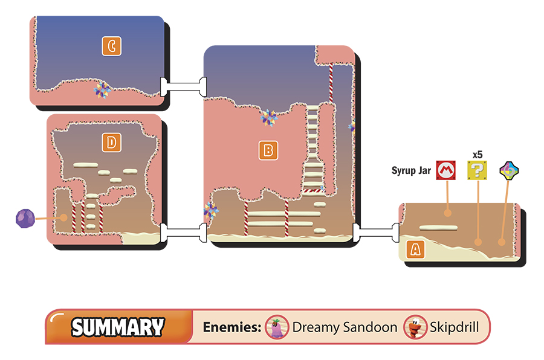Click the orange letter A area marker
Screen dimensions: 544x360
click(415, 249)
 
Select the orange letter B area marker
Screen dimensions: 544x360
click(268, 150)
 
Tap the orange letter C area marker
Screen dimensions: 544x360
click(112, 46)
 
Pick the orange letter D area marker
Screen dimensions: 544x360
click(111, 143)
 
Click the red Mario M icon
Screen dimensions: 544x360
click(446, 170)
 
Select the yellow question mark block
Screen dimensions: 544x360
click(477, 170)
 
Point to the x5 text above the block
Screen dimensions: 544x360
click(478, 155)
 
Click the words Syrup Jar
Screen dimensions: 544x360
click(411, 170)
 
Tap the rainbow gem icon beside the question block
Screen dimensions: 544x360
click(509, 170)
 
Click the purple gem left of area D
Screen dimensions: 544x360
click(25, 219)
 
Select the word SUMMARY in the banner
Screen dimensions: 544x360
click(118, 327)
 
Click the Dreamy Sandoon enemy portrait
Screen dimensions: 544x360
click(277, 327)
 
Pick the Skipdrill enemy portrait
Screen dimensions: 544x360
click(415, 327)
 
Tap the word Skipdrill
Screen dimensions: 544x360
click(455, 327)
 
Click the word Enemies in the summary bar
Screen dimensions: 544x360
click(232, 327)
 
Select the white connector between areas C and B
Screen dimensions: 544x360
click(183, 87)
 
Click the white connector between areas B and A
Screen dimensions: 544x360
click(376, 233)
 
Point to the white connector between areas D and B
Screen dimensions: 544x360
click(183, 233)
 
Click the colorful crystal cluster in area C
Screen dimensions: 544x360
click(102, 90)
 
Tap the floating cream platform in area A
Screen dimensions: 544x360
click(438, 228)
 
